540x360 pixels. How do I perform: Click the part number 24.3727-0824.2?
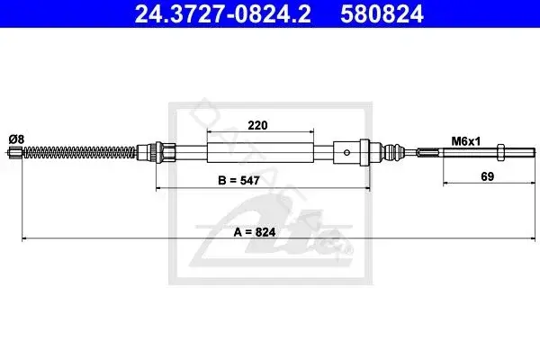(x=223, y=13)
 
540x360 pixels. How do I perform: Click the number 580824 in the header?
(x=382, y=13)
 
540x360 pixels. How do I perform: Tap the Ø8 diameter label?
(x=16, y=139)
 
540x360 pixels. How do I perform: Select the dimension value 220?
(x=257, y=125)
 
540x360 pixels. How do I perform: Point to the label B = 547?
(x=238, y=180)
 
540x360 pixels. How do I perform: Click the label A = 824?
(x=255, y=232)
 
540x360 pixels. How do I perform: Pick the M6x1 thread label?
(x=465, y=141)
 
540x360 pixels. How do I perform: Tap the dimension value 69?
(x=487, y=176)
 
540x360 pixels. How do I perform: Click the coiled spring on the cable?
(x=79, y=152)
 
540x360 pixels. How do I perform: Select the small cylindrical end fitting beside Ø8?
(x=15, y=151)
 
